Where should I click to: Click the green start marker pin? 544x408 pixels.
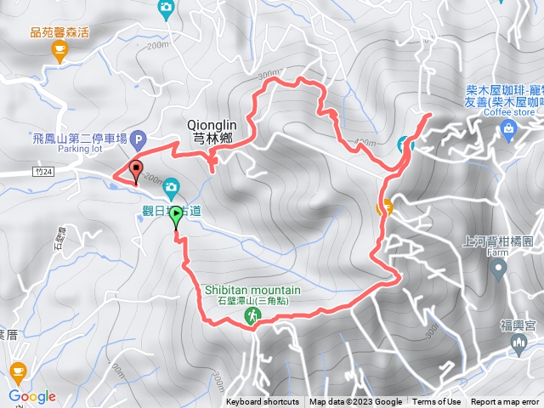tap(176, 217)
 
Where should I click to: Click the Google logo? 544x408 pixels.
tap(31, 396)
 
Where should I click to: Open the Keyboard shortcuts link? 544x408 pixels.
tap(262, 402)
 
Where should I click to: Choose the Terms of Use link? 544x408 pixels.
tap(437, 402)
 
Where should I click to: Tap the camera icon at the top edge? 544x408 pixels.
tap(167, 8)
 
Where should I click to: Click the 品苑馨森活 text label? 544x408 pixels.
tap(59, 32)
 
